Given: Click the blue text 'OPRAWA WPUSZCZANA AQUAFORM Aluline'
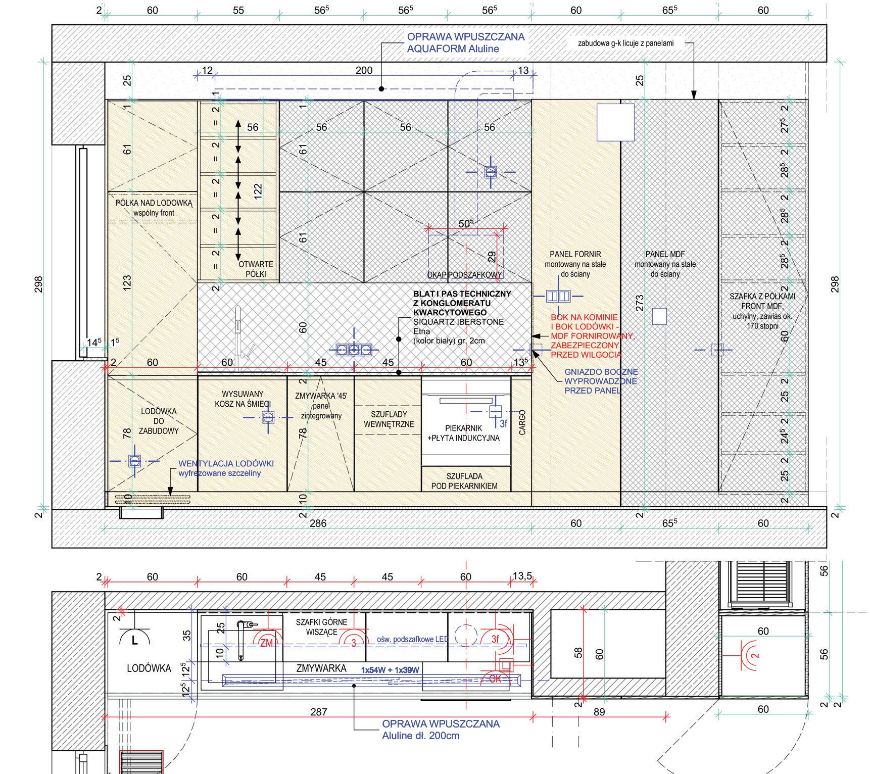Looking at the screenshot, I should [x=465, y=43].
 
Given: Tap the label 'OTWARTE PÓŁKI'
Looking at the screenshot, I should [x=256, y=269].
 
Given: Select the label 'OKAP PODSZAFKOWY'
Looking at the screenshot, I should [x=465, y=275].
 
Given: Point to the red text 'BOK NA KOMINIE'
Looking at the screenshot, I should [x=584, y=317].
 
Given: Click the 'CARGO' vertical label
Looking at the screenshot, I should [x=522, y=421].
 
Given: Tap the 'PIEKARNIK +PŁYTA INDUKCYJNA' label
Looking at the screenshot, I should [x=464, y=433].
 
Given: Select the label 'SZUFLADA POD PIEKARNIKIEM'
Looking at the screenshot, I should [x=464, y=481].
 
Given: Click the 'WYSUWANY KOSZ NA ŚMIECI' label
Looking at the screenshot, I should [x=243, y=399].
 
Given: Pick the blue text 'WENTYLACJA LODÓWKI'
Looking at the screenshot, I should [x=226, y=463].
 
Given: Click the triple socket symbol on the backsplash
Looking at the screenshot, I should [x=354, y=349].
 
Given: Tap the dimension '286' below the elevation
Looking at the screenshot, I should [x=318, y=523].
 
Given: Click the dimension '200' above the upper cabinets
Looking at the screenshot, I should [x=364, y=71].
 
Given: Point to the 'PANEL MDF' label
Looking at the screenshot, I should [x=665, y=254].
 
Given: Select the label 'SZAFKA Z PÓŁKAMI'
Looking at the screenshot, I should [x=762, y=297].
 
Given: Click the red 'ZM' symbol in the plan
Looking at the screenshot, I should [x=266, y=643].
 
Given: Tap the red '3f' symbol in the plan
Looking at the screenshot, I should [x=495, y=639].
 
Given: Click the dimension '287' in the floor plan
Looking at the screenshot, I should [x=318, y=712].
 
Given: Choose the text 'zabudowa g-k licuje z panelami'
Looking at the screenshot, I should [x=625, y=43].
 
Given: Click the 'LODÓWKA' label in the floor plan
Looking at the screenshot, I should [x=149, y=668].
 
